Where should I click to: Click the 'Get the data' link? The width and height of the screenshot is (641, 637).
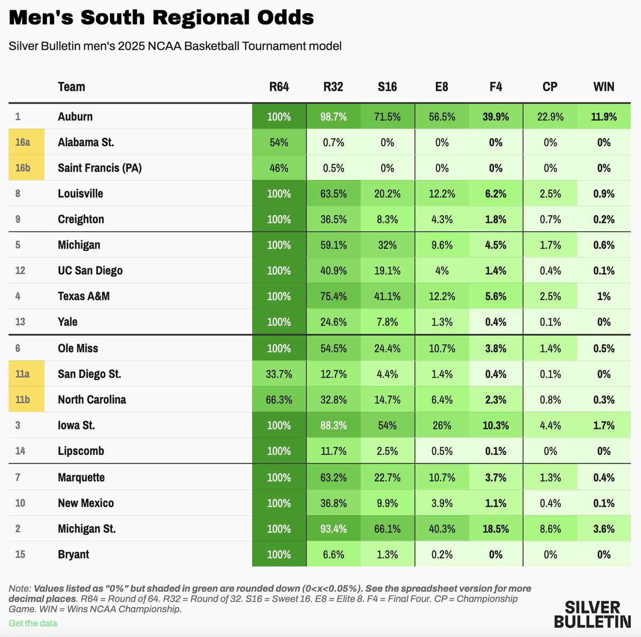[x=33, y=623]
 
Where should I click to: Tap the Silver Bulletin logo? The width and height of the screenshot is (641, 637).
[x=592, y=614]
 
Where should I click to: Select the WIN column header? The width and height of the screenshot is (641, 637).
[x=604, y=87]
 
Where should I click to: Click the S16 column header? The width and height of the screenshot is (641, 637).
[x=387, y=87]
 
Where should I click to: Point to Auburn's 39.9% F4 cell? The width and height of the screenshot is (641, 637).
[x=496, y=116]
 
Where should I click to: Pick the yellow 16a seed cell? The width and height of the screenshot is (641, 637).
[x=26, y=142]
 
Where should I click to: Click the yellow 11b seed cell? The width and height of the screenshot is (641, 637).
[x=26, y=399]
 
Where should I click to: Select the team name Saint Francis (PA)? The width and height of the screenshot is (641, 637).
[x=100, y=168]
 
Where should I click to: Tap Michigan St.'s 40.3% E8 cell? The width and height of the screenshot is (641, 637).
[x=442, y=529]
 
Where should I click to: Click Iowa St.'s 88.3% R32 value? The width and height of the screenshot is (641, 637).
[x=333, y=425]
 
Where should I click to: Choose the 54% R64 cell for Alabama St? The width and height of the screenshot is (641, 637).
[x=279, y=142]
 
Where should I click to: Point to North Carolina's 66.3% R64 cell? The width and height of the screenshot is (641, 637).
[x=279, y=399]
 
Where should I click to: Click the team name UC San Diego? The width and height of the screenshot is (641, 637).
[x=90, y=270]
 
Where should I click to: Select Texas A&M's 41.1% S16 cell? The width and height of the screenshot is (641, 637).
[x=387, y=296]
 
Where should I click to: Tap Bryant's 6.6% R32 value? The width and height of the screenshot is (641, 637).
[x=333, y=554]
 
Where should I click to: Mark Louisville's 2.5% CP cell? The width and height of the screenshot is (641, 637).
[x=550, y=193]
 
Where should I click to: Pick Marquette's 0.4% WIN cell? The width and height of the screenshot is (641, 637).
[x=604, y=477]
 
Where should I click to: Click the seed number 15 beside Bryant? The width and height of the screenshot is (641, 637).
[x=20, y=554]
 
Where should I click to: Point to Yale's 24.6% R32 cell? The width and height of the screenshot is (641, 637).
[x=333, y=322]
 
